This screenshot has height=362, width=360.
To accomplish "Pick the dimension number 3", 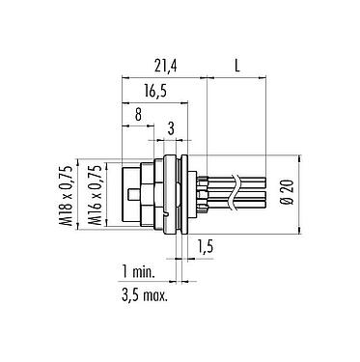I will (171, 128).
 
